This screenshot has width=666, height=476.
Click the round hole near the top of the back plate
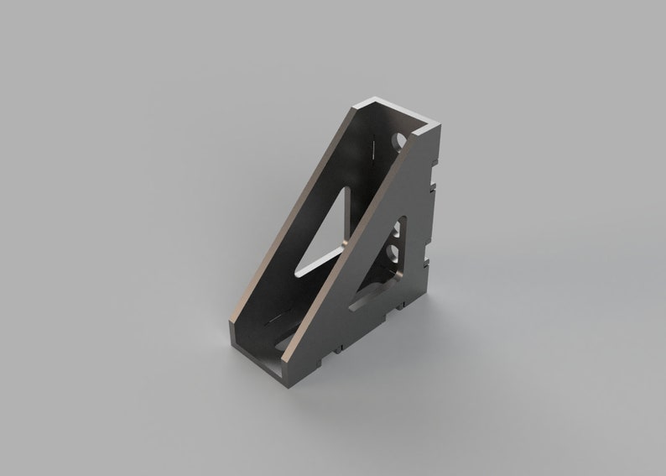400,138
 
